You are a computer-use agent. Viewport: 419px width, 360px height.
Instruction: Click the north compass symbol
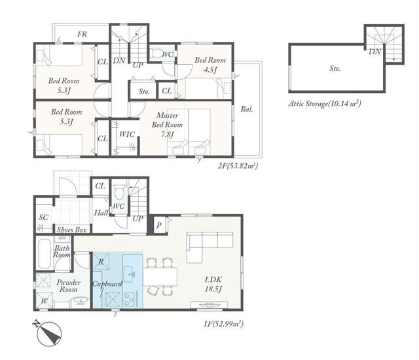pyautogui.click(x=49, y=334)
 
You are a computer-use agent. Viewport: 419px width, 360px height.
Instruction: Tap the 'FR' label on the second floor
pyautogui.click(x=82, y=34)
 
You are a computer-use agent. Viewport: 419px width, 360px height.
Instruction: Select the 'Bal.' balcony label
pyautogui.click(x=247, y=109)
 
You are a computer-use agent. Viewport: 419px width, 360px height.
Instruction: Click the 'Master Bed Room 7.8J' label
pyautogui.click(x=168, y=125)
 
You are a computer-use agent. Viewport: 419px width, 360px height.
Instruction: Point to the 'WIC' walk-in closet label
pyautogui.click(x=127, y=134)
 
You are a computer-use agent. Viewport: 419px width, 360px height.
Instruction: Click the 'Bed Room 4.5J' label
pyautogui.click(x=210, y=65)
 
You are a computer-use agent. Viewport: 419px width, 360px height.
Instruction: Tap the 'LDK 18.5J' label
pyautogui.click(x=213, y=284)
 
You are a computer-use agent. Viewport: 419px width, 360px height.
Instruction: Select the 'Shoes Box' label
pyautogui.click(x=71, y=230)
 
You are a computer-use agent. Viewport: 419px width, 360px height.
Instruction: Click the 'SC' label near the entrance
pyautogui.click(x=44, y=217)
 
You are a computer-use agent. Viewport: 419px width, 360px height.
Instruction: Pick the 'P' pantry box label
pyautogui.click(x=159, y=225)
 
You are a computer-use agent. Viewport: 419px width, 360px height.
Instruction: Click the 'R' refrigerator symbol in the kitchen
pyautogui.click(x=101, y=261)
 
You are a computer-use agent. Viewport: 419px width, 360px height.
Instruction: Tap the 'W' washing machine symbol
pyautogui.click(x=45, y=300)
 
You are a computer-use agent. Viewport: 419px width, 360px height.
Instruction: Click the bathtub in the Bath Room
pyautogui.click(x=45, y=254)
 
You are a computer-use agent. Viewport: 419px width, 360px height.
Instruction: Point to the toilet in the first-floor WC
pyautogui.click(x=119, y=192)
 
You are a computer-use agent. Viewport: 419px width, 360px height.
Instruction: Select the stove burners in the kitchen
pyautogui.click(x=130, y=300)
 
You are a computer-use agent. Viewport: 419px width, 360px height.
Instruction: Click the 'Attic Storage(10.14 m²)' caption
pyautogui.click(x=325, y=103)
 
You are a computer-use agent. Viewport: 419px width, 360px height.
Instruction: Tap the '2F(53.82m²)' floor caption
pyautogui.click(x=238, y=166)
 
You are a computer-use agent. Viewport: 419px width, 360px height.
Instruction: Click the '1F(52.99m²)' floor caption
pyautogui.click(x=223, y=324)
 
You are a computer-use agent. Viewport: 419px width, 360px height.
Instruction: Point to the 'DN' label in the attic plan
pyautogui.click(x=374, y=52)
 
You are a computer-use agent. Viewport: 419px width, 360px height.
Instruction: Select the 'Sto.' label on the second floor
pyautogui.click(x=144, y=92)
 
